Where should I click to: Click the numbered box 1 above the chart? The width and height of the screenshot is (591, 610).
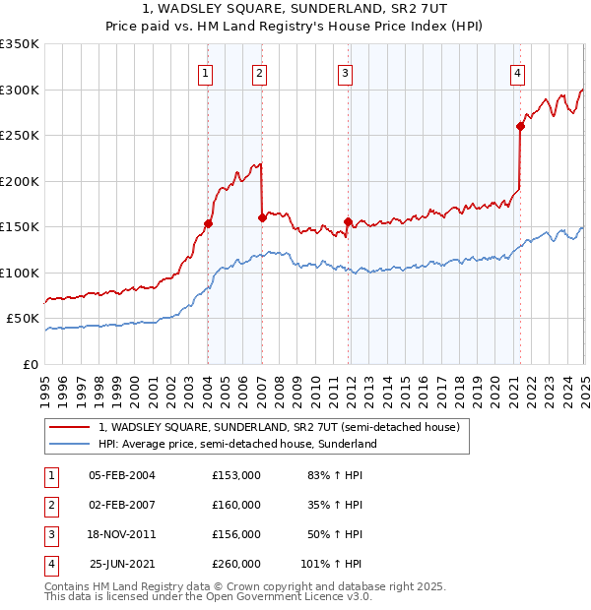click(x=205, y=72)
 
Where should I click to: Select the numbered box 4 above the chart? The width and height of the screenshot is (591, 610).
click(x=517, y=72)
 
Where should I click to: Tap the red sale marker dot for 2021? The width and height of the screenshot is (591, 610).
click(x=520, y=126)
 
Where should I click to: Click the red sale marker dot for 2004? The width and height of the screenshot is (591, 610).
click(x=208, y=223)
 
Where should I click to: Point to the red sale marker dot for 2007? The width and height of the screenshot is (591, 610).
click(x=262, y=217)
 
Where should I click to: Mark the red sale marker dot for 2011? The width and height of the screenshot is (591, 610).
click(x=348, y=221)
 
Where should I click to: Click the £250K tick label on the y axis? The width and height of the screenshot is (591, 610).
click(x=20, y=136)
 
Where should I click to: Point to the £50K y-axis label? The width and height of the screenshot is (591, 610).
click(x=23, y=319)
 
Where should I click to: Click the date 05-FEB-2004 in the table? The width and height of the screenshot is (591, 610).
click(x=122, y=475)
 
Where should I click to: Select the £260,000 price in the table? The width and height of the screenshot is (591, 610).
click(x=236, y=564)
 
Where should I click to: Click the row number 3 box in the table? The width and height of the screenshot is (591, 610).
click(x=49, y=534)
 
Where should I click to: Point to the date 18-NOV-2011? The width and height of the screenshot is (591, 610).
click(x=122, y=534)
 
